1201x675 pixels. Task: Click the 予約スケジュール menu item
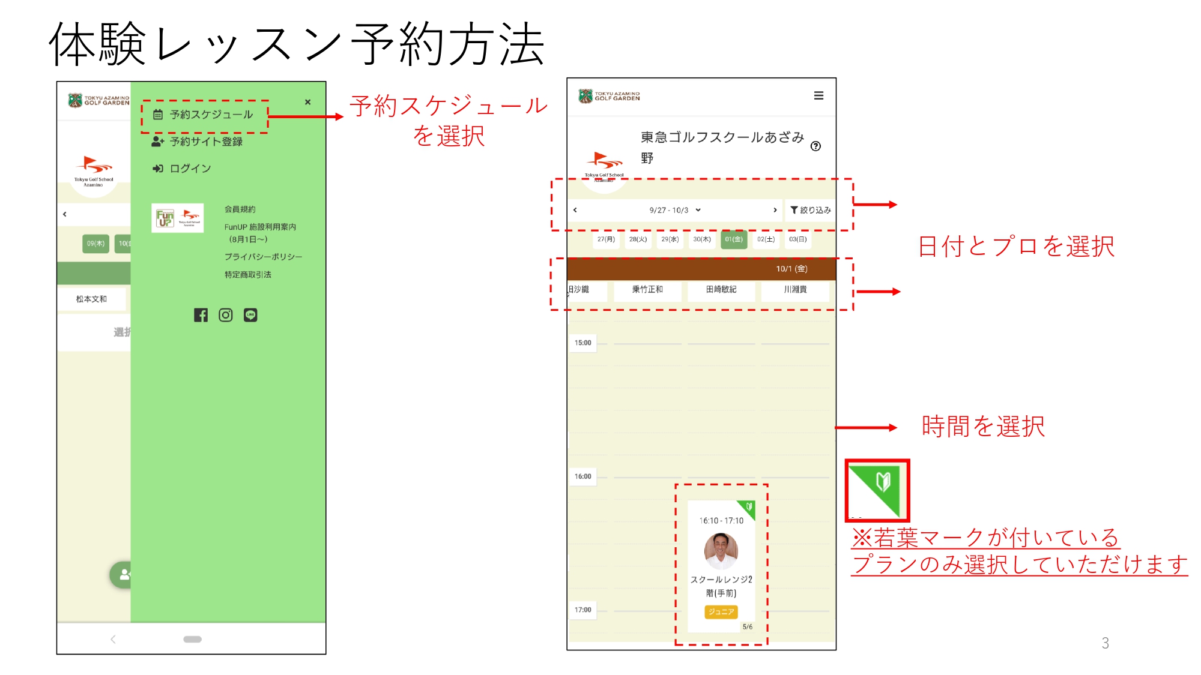[204, 115]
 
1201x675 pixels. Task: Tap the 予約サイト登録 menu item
[198, 142]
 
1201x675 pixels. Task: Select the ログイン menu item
[183, 169]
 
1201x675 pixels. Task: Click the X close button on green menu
[307, 102]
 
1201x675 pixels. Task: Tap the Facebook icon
[201, 315]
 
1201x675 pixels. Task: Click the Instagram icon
[226, 315]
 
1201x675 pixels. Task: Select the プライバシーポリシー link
[263, 257]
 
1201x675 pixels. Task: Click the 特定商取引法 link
[247, 275]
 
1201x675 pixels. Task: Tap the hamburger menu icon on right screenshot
[818, 96]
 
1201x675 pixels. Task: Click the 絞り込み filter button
[810, 210]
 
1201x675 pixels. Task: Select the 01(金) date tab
[733, 239]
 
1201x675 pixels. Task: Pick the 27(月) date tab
[606, 239]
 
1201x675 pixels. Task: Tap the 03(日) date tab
[797, 239]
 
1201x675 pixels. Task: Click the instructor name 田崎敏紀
[721, 289]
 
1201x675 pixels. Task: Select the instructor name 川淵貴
[795, 289]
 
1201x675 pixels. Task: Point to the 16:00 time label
[582, 476]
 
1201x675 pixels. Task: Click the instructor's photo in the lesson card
[721, 550]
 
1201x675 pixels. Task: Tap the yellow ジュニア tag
[721, 612]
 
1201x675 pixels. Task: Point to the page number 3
[1105, 643]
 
